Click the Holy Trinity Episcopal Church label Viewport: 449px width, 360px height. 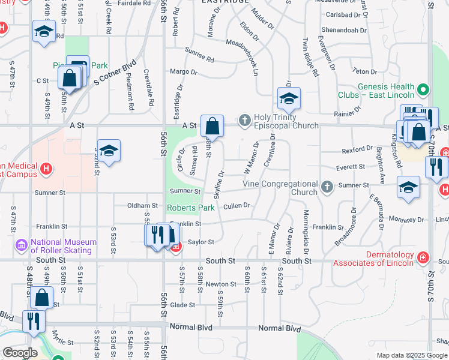tap(285, 121)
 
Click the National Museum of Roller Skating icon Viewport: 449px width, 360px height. tap(22, 245)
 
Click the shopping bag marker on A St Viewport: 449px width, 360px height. tap(212, 127)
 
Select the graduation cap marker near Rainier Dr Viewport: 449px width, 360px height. tap(289, 98)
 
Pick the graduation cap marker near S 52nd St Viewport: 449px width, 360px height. tap(109, 151)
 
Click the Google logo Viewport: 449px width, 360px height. tap(20, 353)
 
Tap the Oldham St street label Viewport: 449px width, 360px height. tap(142, 205)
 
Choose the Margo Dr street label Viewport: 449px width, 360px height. tap(184, 72)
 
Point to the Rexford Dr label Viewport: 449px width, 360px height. tap(358, 149)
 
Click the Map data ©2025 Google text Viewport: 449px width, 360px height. tap(412, 355)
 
